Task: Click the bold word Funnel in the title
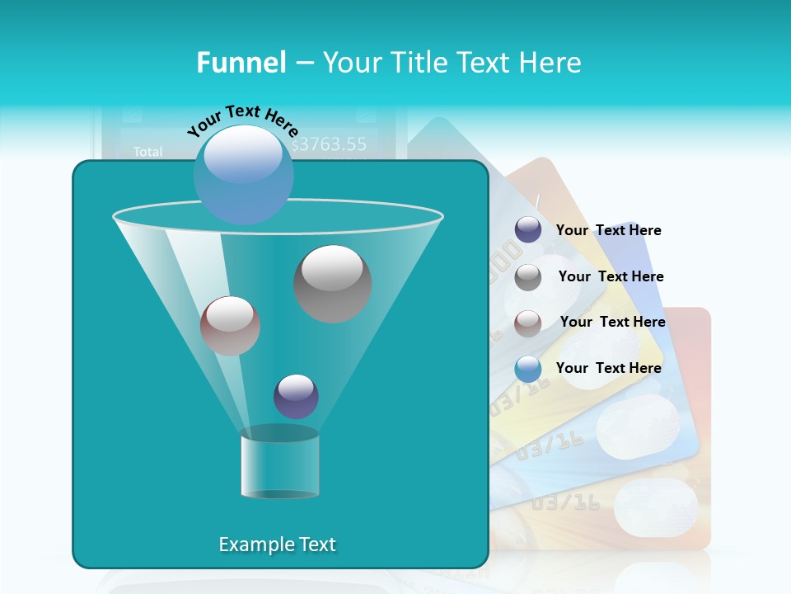(x=241, y=62)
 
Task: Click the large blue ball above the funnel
(x=244, y=175)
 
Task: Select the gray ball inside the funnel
(x=332, y=283)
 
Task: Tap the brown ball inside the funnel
(x=230, y=325)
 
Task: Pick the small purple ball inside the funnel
(x=296, y=396)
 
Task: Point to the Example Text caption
(x=277, y=544)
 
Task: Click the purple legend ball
(x=528, y=230)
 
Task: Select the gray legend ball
(x=528, y=276)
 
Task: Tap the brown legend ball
(x=528, y=323)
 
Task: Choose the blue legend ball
(x=528, y=369)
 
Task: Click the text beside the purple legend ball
(x=608, y=230)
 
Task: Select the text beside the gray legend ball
(x=611, y=276)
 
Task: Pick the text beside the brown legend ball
(x=612, y=322)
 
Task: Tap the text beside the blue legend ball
(x=608, y=368)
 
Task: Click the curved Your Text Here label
(x=242, y=120)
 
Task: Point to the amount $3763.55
(x=329, y=144)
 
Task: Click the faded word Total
(x=148, y=152)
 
